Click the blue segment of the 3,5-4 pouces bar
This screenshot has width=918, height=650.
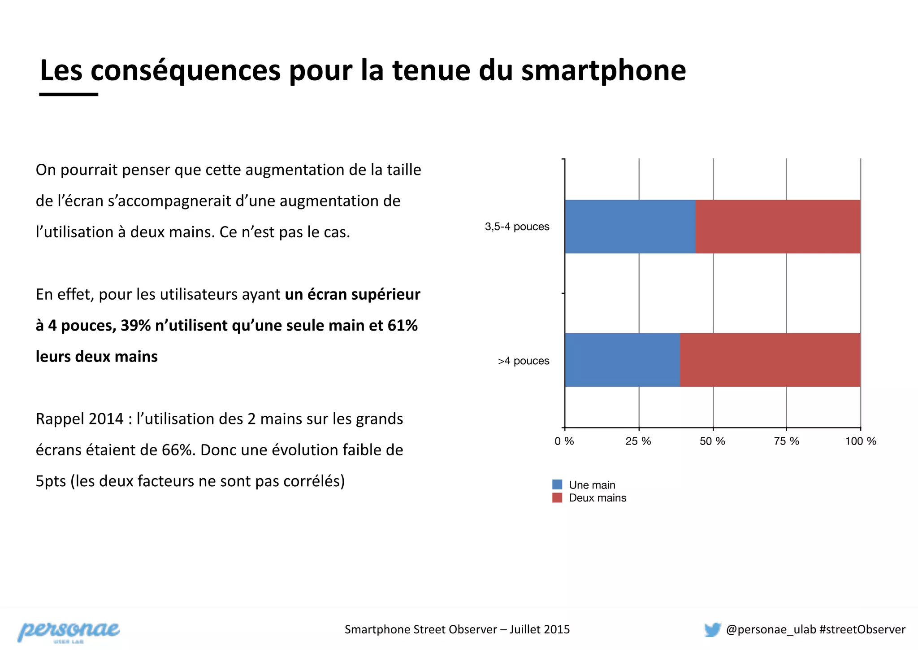[x=630, y=227]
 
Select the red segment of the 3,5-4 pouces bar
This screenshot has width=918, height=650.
[x=778, y=227]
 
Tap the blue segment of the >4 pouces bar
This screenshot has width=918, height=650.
[x=622, y=360]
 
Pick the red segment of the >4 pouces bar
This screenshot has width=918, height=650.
[x=770, y=360]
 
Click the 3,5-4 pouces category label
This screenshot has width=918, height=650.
[x=517, y=227]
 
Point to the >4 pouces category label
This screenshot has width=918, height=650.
[x=523, y=361]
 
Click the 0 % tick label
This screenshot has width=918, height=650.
[x=564, y=441]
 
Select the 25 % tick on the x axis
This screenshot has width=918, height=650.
[x=638, y=441]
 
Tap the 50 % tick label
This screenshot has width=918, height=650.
[x=712, y=441]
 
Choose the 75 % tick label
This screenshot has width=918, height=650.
[x=786, y=441]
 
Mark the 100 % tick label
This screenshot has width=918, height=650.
[x=860, y=441]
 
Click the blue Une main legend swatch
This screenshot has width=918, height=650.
[x=557, y=484]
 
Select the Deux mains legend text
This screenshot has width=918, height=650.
[x=597, y=498]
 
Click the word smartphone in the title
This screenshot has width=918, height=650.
[x=603, y=70]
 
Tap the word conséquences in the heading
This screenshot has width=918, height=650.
[x=186, y=70]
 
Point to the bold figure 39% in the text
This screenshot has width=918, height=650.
[x=135, y=325]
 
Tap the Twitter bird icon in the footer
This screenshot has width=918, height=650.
[x=712, y=629]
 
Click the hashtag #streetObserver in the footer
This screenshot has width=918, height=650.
[x=862, y=629]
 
